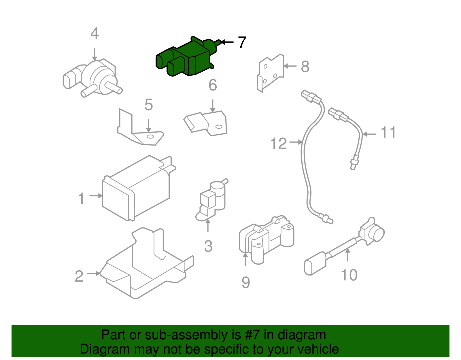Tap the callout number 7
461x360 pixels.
pyautogui.click(x=242, y=42)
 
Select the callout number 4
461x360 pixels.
pyautogui.click(x=95, y=33)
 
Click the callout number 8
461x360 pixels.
pyautogui.click(x=305, y=67)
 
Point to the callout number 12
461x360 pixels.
pyautogui.click(x=279, y=143)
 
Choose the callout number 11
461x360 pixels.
pyautogui.click(x=388, y=133)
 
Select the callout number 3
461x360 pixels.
pyautogui.click(x=208, y=246)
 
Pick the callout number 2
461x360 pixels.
pyautogui.click(x=79, y=276)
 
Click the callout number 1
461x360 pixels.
pyautogui.click(x=82, y=198)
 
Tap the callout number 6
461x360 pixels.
pyautogui.click(x=213, y=85)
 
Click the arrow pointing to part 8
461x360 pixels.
pyautogui.click(x=290, y=66)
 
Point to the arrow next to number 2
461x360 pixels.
pyautogui.click(x=93, y=273)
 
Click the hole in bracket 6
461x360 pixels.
pyautogui.click(x=219, y=127)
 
